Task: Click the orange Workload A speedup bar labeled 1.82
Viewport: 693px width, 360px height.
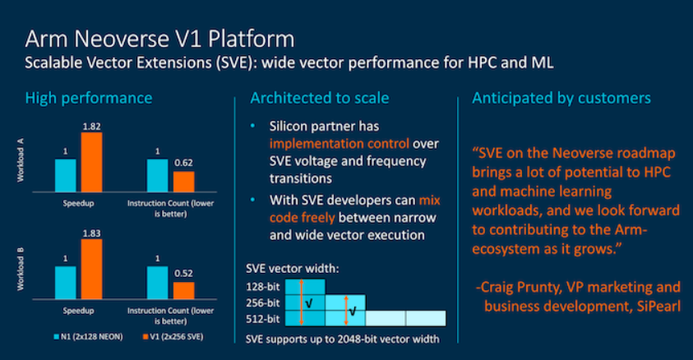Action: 90,162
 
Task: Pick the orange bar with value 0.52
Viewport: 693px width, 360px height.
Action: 183,290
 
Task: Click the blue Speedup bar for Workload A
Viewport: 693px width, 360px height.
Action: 66,175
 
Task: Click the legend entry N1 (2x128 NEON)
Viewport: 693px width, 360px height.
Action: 85,338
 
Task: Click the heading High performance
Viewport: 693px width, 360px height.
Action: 89,98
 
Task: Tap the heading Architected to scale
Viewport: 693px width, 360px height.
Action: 320,98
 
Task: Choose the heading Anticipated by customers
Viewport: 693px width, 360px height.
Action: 561,98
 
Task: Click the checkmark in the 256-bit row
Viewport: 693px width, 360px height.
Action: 308,302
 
